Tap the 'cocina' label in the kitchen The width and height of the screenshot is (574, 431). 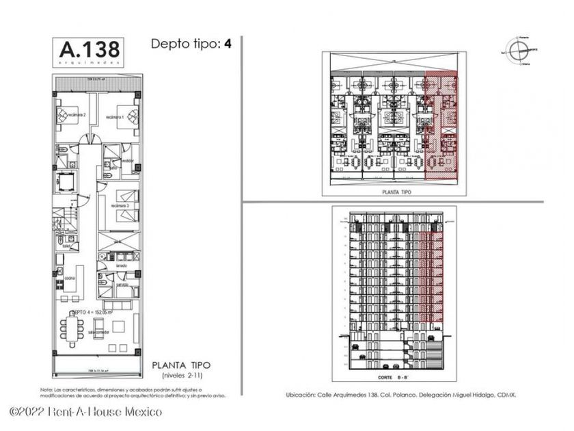coord(70,278)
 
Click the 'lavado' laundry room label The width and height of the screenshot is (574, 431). coord(120,265)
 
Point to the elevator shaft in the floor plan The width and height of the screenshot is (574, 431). coord(67,183)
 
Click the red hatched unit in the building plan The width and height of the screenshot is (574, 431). coord(441,126)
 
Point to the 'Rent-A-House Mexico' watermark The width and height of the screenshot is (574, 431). coord(86,412)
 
